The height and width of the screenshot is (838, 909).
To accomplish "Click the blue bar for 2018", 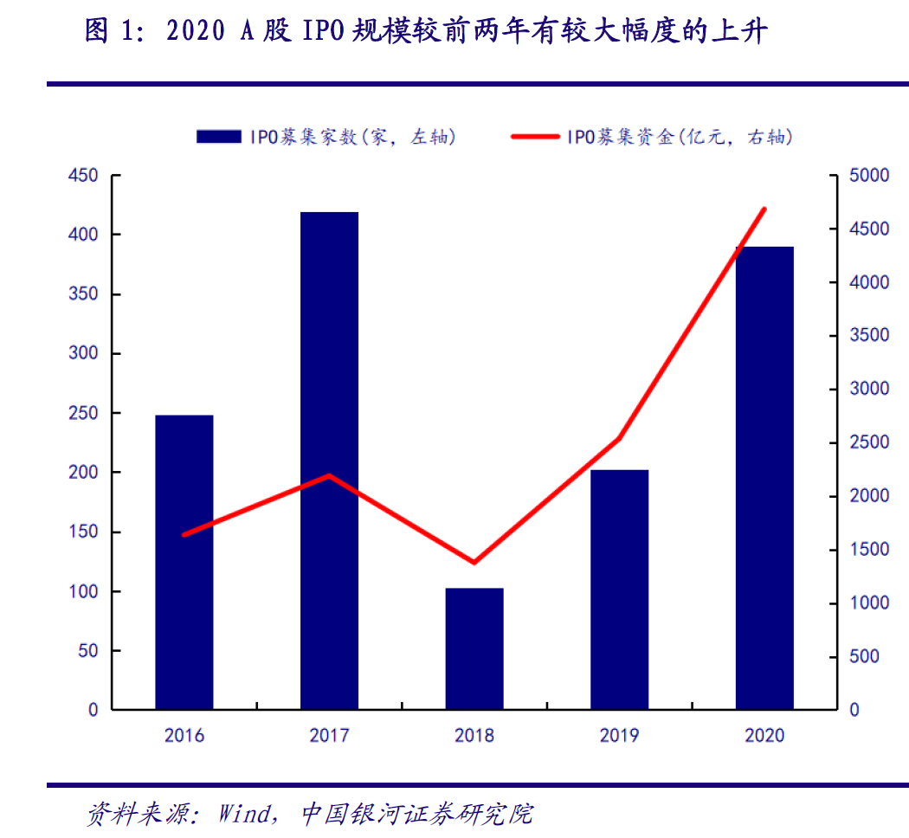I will tap(474, 648).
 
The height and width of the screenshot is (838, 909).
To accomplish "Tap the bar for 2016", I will tap(184, 562).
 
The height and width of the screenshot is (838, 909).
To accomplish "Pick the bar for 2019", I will tap(619, 590).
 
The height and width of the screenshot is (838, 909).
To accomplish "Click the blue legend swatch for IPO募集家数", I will tap(219, 136).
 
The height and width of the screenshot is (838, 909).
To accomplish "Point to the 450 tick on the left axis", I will tap(83, 176).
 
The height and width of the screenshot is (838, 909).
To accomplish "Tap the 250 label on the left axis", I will tap(83, 413).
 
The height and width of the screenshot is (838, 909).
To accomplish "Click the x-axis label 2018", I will tap(474, 736).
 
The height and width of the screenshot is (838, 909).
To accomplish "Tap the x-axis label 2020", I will tap(764, 736).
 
